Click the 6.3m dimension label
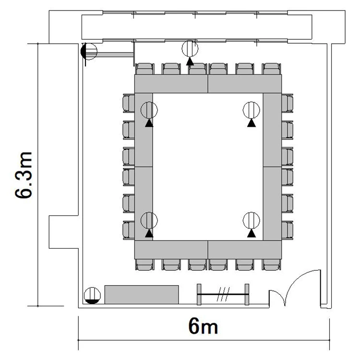tap(24, 175)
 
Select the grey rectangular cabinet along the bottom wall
tap(142, 295)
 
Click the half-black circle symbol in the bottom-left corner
tap(92, 296)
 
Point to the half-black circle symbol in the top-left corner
tap(89, 51)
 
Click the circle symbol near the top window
tap(190, 48)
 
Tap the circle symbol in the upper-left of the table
tap(149, 110)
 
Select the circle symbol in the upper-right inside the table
tap(252, 110)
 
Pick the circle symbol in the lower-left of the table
tap(149, 220)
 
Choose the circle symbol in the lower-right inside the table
tap(252, 220)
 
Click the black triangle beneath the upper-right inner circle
tap(252, 123)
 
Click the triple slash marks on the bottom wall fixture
tap(223, 294)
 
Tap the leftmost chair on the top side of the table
tap(144, 69)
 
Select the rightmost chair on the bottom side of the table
tap(272, 264)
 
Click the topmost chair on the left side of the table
tap(129, 103)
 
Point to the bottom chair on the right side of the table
tap(288, 230)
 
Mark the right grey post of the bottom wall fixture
tap(247, 294)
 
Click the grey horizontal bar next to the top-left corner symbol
tap(115, 55)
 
